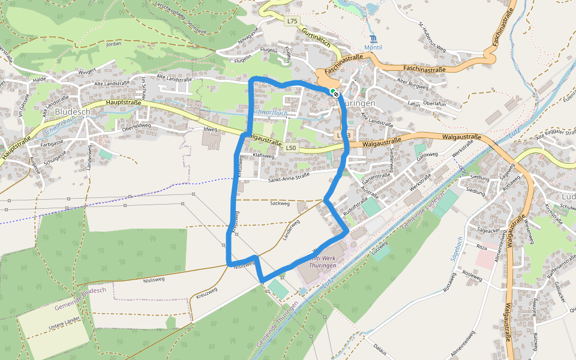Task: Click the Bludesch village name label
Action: tap(73, 112)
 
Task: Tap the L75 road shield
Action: tap(292, 21)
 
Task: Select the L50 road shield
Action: tap(291, 148)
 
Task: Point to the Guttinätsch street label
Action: tap(317, 37)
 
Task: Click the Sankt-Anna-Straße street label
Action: tap(289, 175)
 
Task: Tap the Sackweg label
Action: tap(280, 204)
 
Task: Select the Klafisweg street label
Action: tap(263, 155)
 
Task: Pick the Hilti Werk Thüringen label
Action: tap(323, 260)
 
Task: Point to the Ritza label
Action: tap(481, 247)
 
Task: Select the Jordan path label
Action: tap(113, 44)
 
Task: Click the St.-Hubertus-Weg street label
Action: tap(433, 38)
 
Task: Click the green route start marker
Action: tap(332, 91)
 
